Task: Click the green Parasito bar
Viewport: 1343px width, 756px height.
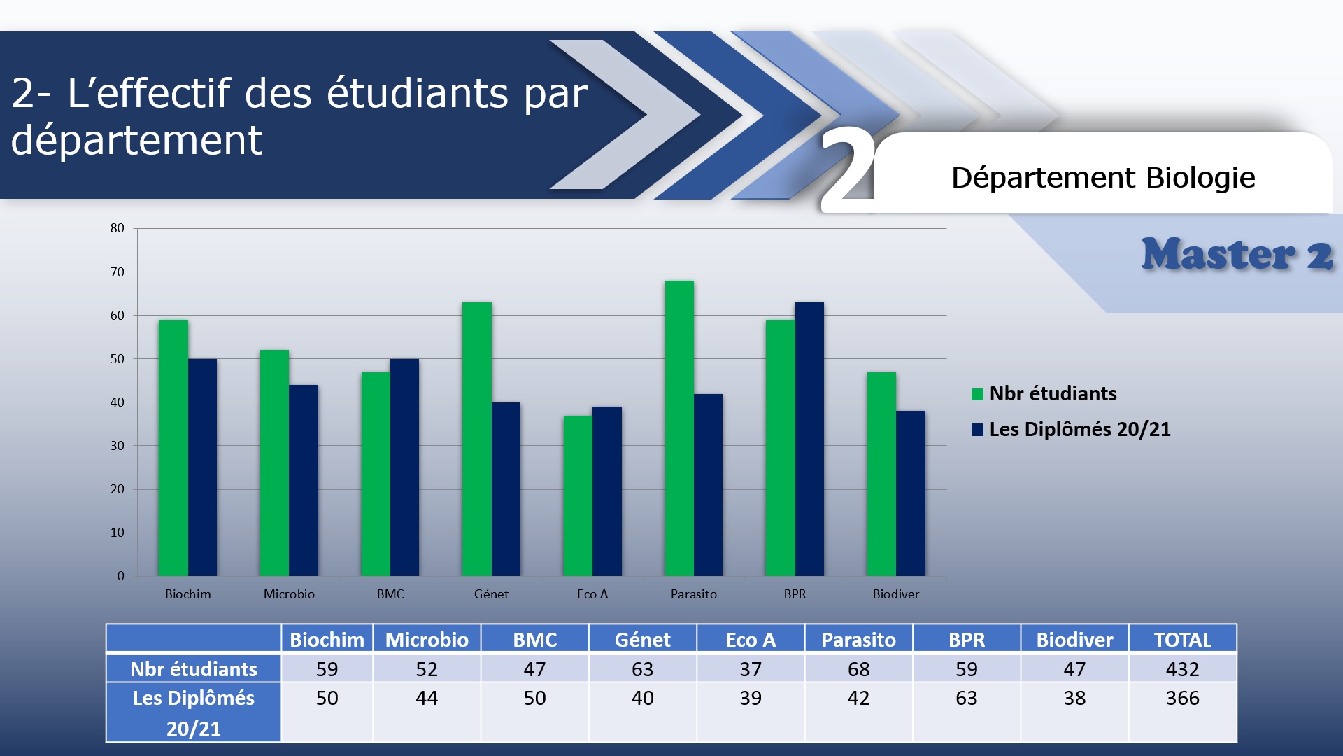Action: click(679, 428)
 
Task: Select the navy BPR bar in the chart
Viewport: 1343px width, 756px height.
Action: click(809, 439)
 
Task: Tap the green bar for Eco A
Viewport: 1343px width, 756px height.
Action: click(578, 496)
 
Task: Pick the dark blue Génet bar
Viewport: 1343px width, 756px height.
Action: click(506, 489)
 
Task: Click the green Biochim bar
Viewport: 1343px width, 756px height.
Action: click(173, 448)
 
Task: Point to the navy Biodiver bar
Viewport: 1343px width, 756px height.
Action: click(911, 493)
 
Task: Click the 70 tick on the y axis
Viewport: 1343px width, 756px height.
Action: click(117, 272)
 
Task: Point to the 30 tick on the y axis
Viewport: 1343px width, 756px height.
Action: click(117, 446)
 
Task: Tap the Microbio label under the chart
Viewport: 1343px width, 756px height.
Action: click(289, 594)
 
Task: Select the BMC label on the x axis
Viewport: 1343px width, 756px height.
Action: click(390, 594)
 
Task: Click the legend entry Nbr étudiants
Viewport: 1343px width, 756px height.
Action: click(1044, 393)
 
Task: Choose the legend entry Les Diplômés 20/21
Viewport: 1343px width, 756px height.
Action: click(1071, 429)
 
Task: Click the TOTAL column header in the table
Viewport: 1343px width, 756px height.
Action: click(1183, 639)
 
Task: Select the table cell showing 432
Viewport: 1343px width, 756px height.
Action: click(1183, 669)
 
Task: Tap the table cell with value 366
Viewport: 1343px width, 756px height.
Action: click(1183, 698)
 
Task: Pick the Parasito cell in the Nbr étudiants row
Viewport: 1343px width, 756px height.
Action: click(859, 669)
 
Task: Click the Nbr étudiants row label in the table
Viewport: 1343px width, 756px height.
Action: click(194, 669)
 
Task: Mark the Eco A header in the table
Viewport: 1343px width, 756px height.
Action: click(751, 639)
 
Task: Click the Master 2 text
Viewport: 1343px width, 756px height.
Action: click(1237, 254)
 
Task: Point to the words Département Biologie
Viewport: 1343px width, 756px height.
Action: click(1103, 178)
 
